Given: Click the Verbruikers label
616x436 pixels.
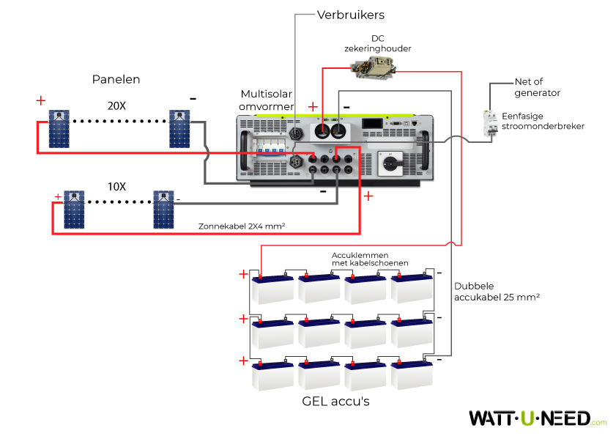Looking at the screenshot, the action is coord(351,15).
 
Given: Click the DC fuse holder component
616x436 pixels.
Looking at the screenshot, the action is coord(374,67).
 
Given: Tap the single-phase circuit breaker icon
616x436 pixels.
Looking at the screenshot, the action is coord(490,123).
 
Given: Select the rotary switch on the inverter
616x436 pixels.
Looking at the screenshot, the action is coord(390,163).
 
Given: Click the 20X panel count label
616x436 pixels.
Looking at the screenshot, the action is coord(116,106).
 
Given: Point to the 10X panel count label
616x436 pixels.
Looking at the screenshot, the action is coord(116,186).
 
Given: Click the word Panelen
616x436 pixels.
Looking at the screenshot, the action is coord(116,79).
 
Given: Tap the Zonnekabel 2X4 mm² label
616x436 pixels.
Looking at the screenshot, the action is coord(242,226).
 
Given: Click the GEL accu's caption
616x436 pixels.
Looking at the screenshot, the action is coord(336,401).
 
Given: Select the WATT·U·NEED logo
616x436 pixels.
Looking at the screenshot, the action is coord(538,418).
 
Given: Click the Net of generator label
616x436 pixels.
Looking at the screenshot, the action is coord(537,87).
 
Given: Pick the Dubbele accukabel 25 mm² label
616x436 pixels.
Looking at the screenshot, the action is coord(497,292).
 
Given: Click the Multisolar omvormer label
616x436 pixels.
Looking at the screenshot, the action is coord(267,100).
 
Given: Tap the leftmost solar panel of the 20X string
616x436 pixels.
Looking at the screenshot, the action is coord(59,129).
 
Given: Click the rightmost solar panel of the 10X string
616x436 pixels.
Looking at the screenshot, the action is coord(163,210).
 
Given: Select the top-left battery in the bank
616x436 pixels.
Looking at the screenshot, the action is coord(272,289).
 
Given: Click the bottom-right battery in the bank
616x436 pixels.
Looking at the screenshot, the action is coord(412,374).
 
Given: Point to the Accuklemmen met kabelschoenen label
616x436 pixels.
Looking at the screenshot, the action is coord(370,259).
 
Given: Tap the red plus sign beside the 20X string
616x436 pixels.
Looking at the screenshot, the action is coord(40,100).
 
